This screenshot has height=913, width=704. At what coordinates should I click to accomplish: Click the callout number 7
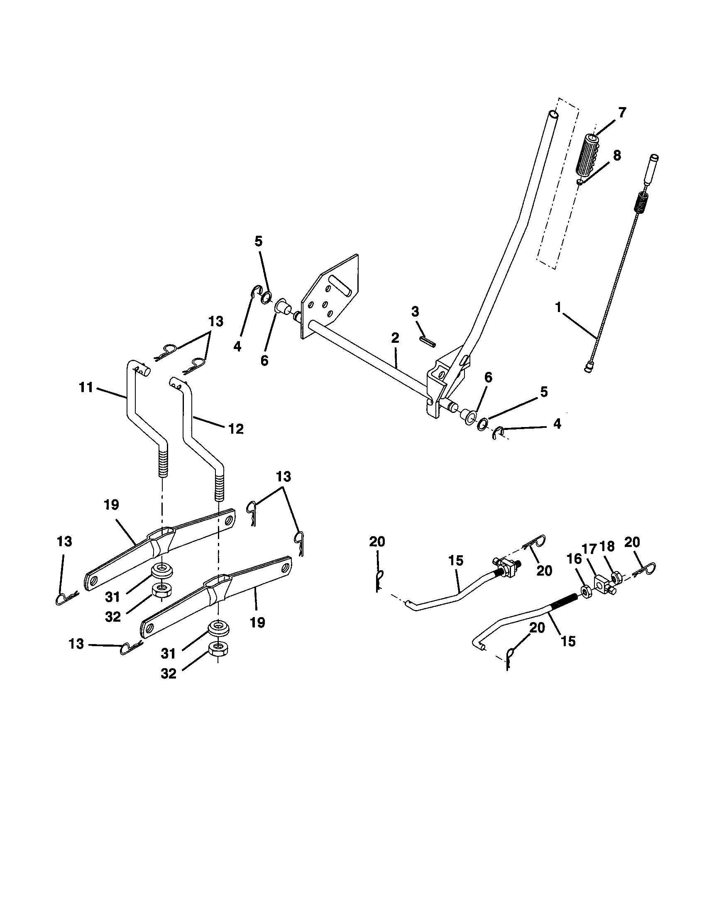tap(622, 112)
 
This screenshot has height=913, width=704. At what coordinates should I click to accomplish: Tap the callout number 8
tap(616, 156)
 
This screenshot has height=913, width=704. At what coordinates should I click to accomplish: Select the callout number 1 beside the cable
tap(558, 308)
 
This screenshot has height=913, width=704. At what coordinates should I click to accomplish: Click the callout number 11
tap(86, 388)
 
